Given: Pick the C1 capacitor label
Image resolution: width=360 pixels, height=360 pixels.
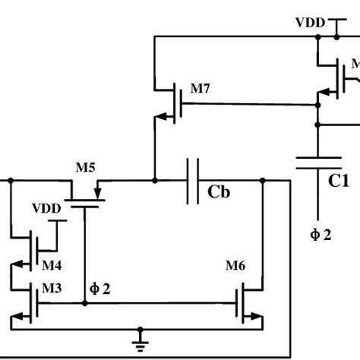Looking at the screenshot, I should [x=338, y=182].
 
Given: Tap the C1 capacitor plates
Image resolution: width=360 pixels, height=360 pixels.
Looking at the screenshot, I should [x=318, y=163].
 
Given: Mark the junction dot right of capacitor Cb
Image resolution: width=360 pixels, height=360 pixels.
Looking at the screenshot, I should [x=262, y=181].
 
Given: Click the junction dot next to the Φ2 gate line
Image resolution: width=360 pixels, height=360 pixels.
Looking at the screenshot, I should [x=84, y=303].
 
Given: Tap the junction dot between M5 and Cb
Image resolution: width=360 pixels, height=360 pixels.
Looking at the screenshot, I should [x=154, y=181].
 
